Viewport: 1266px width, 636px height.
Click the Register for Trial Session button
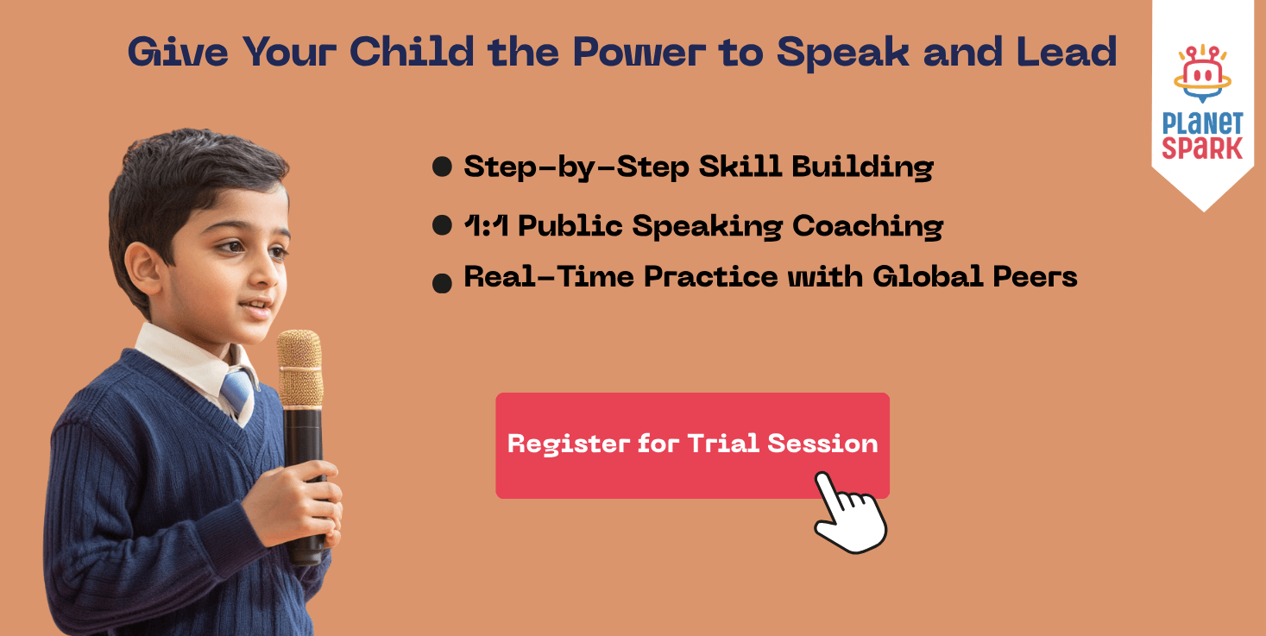(692, 445)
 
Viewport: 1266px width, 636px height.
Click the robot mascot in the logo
(1202, 73)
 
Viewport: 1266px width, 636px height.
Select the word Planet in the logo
(1202, 123)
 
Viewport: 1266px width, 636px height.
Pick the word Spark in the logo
(1202, 148)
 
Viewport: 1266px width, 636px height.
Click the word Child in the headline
(412, 52)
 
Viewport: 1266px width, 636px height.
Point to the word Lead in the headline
(1067, 52)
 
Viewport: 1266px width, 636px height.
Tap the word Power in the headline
(639, 52)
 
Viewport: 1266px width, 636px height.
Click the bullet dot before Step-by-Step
(442, 167)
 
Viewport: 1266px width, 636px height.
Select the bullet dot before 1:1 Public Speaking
(442, 225)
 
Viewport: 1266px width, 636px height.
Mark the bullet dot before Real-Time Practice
(442, 283)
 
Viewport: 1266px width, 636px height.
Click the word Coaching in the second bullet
(867, 226)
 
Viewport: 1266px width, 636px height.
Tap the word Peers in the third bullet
(1035, 276)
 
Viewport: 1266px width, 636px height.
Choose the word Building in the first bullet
(862, 167)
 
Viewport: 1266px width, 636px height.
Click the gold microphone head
(299, 368)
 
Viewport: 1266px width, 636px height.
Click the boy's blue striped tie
(238, 391)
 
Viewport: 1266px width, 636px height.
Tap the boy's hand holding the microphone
(294, 503)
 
